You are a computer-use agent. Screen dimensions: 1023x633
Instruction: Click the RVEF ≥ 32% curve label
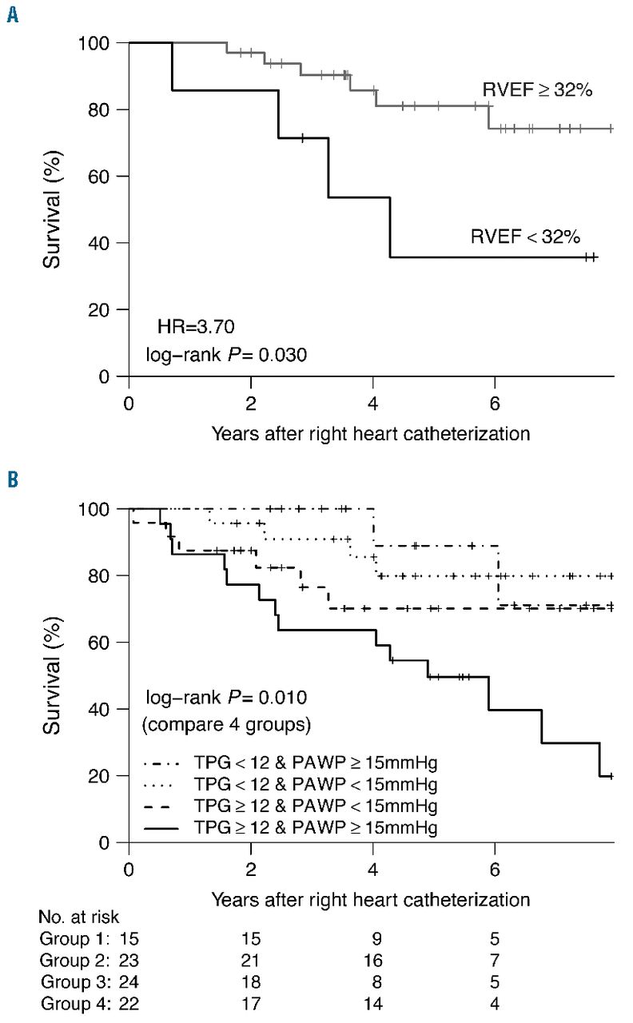(536, 90)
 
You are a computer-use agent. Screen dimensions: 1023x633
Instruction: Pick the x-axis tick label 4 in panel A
(372, 400)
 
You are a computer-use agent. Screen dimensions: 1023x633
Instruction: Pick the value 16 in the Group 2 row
(372, 960)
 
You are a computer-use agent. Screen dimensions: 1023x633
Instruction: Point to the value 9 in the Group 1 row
(372, 938)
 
